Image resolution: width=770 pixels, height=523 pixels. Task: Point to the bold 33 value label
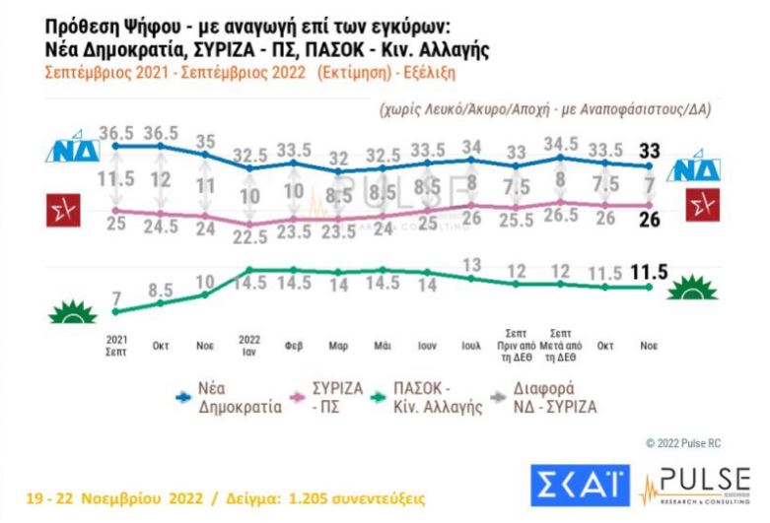pyautogui.click(x=650, y=151)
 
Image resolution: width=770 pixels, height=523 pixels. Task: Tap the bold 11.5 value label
pyautogui.click(x=643, y=271)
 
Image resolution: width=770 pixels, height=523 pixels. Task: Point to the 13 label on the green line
pyautogui.click(x=471, y=264)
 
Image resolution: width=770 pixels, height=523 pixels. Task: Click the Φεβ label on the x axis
pyautogui.click(x=295, y=348)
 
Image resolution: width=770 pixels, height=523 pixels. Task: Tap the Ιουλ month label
pyautogui.click(x=471, y=348)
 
